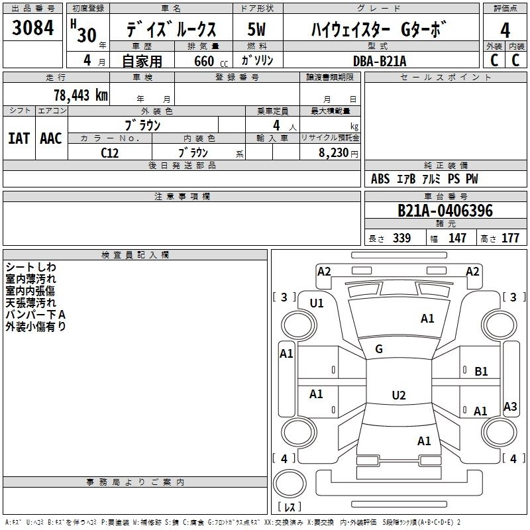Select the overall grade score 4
point(505,30)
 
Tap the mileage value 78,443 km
point(80,95)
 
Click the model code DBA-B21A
point(380,61)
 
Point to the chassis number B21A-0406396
point(445,211)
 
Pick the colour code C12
point(110,152)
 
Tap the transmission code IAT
point(19,138)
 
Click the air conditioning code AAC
point(51,138)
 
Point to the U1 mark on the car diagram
point(317,303)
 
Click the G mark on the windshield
point(379,349)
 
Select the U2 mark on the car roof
point(398,396)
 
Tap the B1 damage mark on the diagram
point(481,372)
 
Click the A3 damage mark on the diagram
point(509,407)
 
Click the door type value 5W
point(256,30)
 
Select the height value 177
point(510,238)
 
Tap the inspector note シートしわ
point(31,267)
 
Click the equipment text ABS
point(380,179)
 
